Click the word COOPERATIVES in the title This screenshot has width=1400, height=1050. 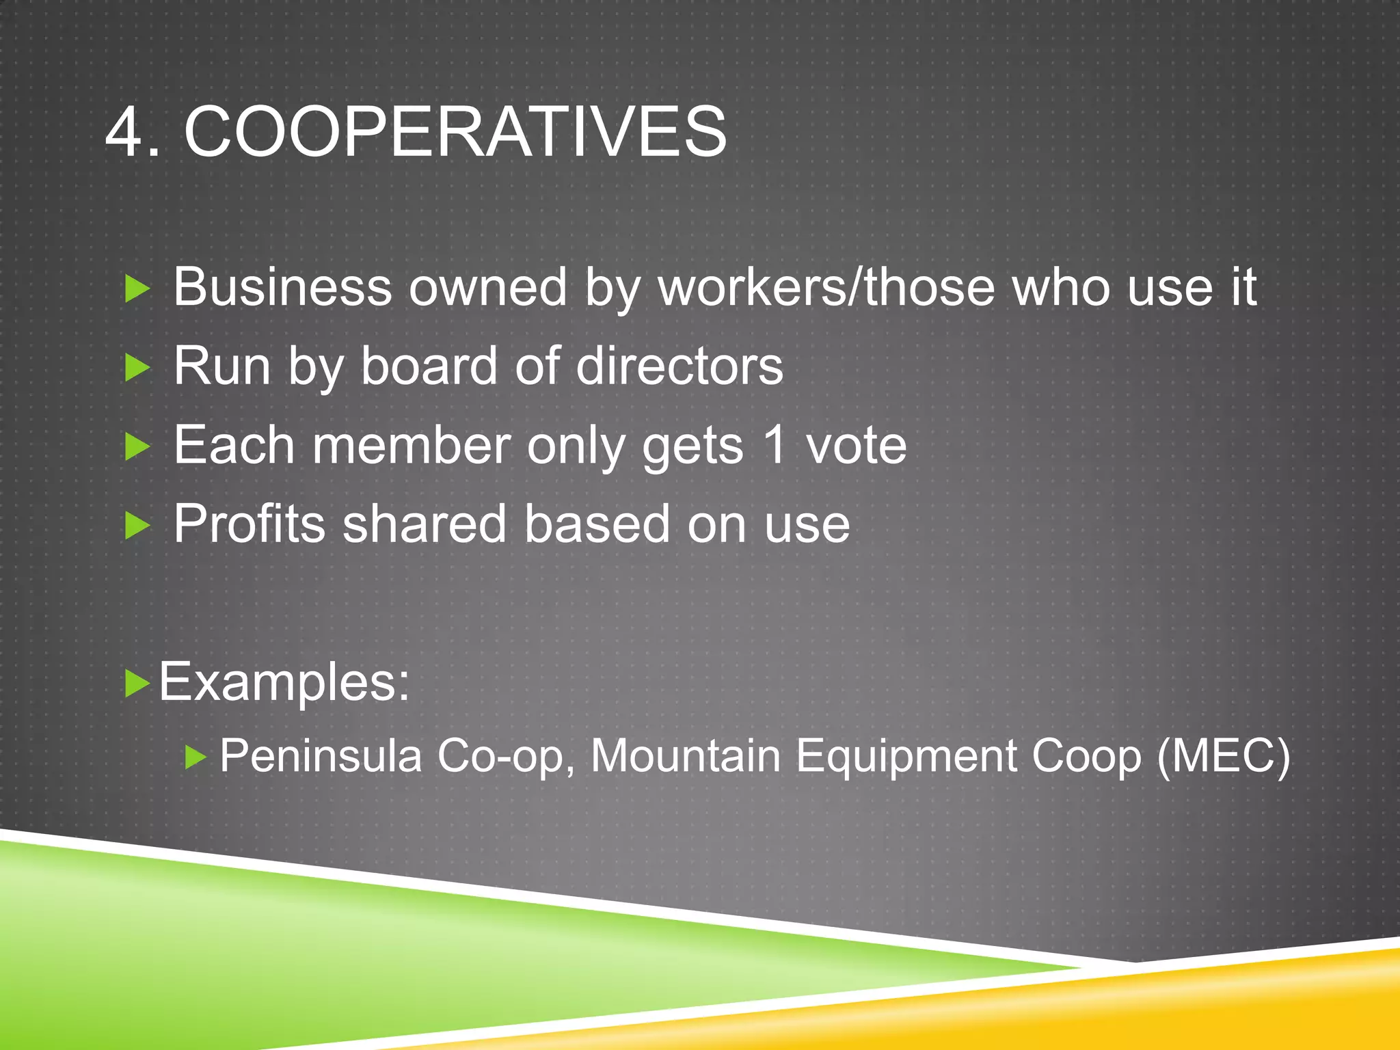tap(455, 131)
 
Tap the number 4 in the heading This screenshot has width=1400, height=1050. tap(124, 131)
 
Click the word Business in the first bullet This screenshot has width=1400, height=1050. tap(282, 288)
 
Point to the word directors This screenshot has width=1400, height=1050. tap(679, 366)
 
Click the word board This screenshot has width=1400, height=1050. tap(429, 366)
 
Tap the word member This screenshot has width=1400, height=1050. tap(412, 446)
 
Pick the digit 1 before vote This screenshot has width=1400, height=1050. tap(775, 446)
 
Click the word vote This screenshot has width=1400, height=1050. tap(856, 446)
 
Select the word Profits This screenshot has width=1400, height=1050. tap(249, 524)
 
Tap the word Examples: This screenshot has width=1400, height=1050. tap(284, 682)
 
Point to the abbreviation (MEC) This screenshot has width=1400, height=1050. tap(1223, 757)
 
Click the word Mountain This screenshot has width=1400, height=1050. tap(686, 757)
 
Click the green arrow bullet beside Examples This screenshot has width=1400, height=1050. tap(137, 683)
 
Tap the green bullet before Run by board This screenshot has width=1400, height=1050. tap(137, 368)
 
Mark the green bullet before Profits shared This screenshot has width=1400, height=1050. tap(137, 526)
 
